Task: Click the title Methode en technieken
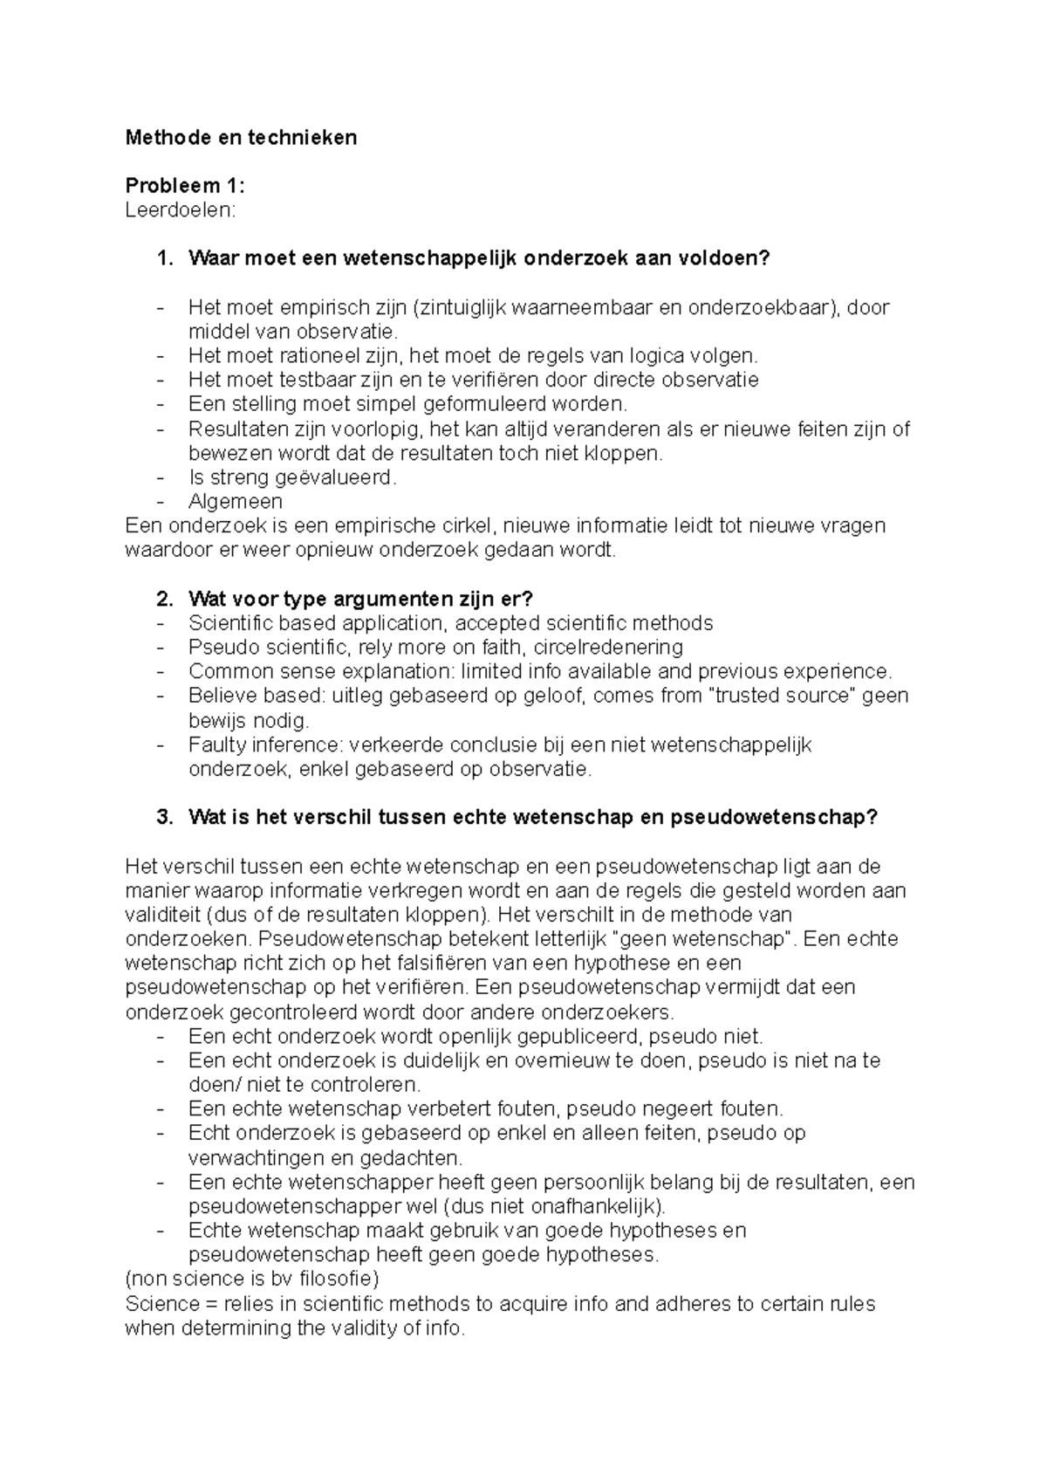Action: tap(241, 137)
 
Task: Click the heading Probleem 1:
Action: tap(185, 186)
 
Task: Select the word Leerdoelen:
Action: tap(180, 210)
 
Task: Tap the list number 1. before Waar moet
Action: tap(164, 259)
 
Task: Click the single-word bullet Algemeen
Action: tap(235, 502)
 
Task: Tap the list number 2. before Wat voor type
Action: tap(164, 599)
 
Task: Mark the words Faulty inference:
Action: tap(267, 745)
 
